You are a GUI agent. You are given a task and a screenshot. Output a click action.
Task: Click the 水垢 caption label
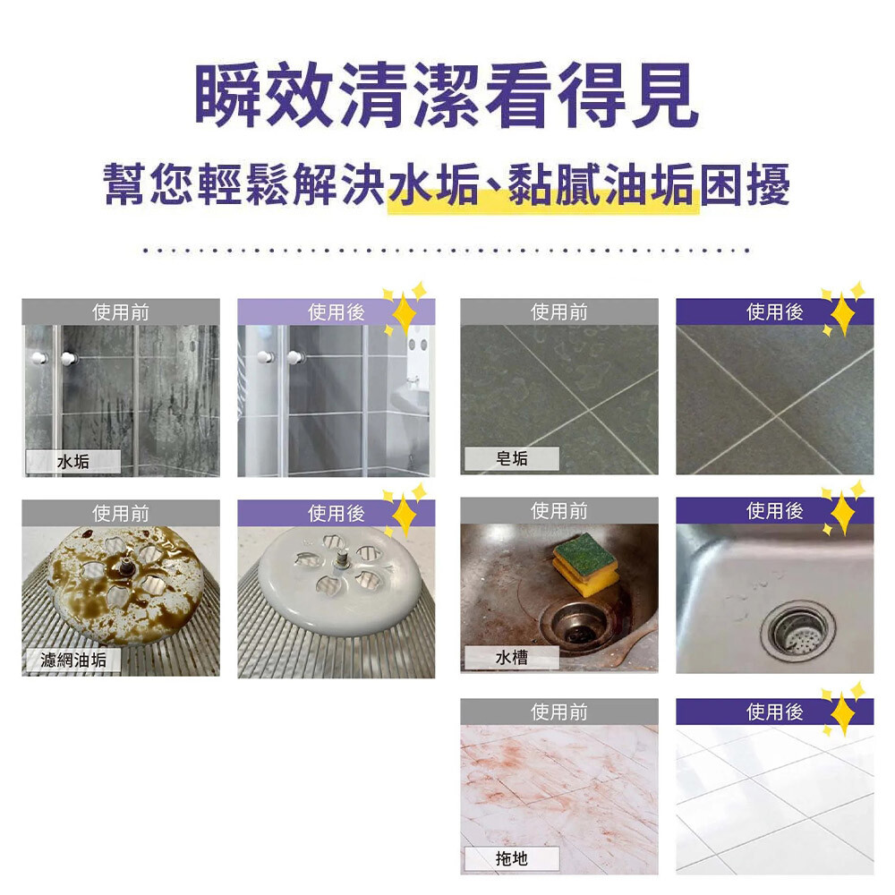[73, 461]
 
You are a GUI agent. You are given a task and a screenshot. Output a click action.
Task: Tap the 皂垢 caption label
[511, 458]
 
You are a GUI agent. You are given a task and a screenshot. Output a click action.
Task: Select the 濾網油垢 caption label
[73, 660]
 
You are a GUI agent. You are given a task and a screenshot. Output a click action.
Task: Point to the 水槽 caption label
[511, 658]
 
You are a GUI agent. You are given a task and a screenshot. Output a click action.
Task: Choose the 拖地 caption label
[511, 858]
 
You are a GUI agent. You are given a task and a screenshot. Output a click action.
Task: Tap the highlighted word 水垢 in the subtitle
[434, 185]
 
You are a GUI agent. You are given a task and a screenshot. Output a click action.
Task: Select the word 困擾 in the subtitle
[745, 185]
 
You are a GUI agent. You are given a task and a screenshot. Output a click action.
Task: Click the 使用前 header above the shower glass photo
[121, 312]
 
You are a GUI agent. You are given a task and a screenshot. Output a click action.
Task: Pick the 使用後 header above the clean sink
[774, 511]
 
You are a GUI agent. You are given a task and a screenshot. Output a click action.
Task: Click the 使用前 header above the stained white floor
[558, 712]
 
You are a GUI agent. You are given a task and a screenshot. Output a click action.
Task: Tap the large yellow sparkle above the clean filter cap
[405, 514]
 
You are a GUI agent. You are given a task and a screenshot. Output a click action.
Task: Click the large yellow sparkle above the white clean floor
[842, 713]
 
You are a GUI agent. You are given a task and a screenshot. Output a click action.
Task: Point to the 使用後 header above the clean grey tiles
[774, 312]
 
